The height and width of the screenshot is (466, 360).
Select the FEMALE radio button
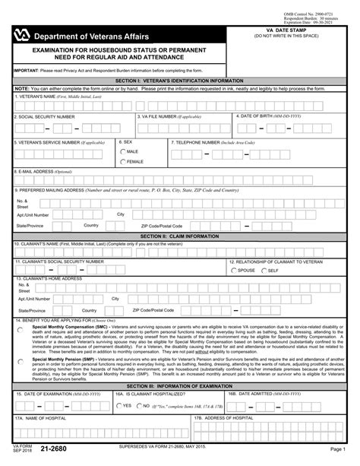coord(124,162)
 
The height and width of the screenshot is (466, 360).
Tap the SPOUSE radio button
coord(233,270)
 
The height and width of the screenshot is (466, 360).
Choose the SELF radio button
coord(264,270)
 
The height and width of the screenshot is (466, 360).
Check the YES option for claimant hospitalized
coord(118,406)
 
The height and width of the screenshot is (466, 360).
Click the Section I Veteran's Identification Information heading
coord(179,79)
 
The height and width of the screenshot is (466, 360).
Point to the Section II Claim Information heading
coord(179,236)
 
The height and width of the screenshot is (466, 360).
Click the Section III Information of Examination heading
coord(179,387)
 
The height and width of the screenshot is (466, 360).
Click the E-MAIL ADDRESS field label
coord(42,172)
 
